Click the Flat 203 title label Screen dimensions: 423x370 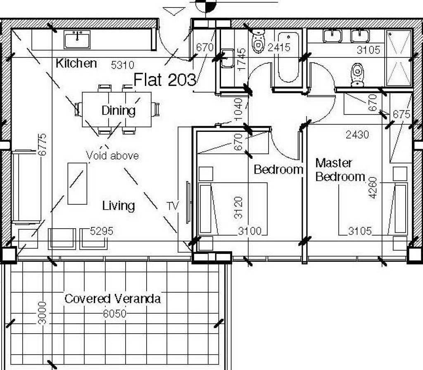pos(165,80)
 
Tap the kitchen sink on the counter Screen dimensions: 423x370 pos(77,39)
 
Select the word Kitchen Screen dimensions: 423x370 pos(76,63)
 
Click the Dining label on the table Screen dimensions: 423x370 pos(119,111)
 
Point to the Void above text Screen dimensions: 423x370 pos(112,155)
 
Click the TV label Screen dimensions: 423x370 pos(173,206)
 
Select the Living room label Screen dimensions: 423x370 pos(119,206)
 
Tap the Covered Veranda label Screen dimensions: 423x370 pos(112,299)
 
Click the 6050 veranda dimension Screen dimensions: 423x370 pos(115,313)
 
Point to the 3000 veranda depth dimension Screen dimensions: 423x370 pos(43,313)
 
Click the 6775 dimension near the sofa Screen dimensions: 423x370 pos(42,145)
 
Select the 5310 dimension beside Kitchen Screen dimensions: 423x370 pos(123,65)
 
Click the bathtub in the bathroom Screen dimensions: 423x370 pos(288,57)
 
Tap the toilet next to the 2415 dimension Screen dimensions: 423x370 pos(258,41)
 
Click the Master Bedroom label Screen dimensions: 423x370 pos(340,170)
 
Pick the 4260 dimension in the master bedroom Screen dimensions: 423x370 pos(373,188)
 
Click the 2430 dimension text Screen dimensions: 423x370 pos(357,134)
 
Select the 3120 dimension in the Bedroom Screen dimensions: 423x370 pos(238,208)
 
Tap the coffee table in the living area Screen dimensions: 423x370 pos(77,184)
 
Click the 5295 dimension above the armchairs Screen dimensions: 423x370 pos(102,231)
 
